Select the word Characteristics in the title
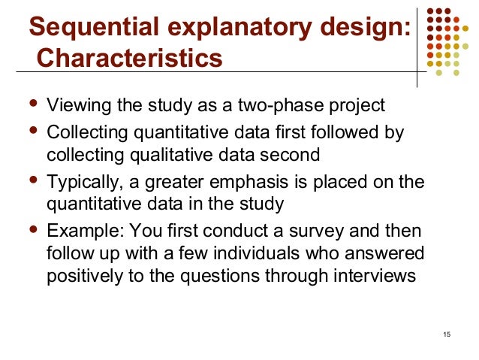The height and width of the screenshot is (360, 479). (129, 58)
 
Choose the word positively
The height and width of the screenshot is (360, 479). (82, 276)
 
